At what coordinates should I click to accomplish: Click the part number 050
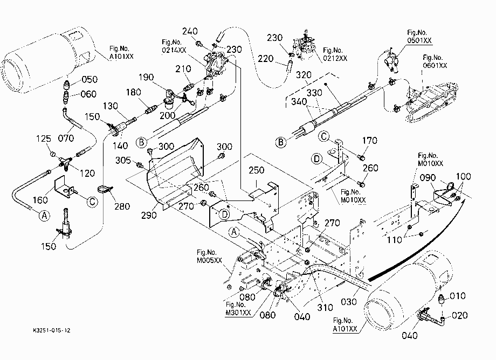coord(89,79)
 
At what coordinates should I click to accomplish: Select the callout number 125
coord(44,139)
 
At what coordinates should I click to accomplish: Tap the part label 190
coord(146,77)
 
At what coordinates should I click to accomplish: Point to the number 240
coord(190,31)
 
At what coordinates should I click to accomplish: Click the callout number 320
coord(304,75)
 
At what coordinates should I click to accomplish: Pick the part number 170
coord(369,140)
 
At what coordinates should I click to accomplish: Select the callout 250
coord(256,170)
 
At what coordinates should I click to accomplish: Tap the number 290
coord(149,215)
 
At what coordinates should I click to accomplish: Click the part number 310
coord(325,308)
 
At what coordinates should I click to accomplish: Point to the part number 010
coord(457,296)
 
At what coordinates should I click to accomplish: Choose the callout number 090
coord(428,178)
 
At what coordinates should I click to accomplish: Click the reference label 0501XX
coord(419,40)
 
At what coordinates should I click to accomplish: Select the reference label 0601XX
coord(435,65)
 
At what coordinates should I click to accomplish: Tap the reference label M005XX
coord(209,260)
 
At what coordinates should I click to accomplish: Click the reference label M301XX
coord(238,313)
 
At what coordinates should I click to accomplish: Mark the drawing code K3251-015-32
coord(52,330)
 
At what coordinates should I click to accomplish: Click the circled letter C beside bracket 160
coord(92,202)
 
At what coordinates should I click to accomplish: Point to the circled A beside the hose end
coord(45,216)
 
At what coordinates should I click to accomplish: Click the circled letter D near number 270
coord(224,214)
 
